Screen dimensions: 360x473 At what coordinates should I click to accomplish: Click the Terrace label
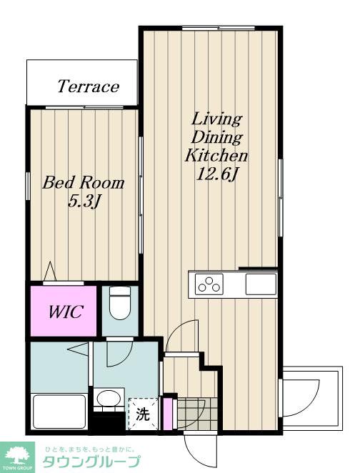coord(89,86)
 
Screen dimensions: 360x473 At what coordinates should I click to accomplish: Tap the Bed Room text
coord(84,182)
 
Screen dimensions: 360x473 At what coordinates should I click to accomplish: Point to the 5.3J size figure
coord(84,201)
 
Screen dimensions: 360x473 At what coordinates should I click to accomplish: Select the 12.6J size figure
coord(216,174)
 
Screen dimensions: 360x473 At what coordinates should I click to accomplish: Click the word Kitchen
coord(216,155)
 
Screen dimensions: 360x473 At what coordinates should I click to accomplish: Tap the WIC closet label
coord(66,312)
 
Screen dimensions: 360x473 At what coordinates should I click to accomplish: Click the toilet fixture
coord(120,302)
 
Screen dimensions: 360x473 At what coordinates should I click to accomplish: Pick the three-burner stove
coord(209,284)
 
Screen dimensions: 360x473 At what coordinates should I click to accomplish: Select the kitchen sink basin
coord(261,284)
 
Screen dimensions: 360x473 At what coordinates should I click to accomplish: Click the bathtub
coord(59,412)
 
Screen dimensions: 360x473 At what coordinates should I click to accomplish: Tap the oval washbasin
coord(109,398)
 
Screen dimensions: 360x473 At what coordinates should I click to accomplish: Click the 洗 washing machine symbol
coord(143,414)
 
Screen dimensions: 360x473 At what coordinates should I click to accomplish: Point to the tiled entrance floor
coord(197,413)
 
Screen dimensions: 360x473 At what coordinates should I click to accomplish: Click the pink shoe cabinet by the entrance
coord(167,414)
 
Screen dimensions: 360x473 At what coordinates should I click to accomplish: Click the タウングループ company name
coord(91,462)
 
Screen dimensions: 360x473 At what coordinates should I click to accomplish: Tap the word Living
coord(216,119)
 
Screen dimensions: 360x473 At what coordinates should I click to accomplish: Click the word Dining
coord(216,137)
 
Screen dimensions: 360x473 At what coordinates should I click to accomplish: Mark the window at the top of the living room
coord(219,28)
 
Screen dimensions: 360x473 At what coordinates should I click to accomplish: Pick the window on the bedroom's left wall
coord(28,186)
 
